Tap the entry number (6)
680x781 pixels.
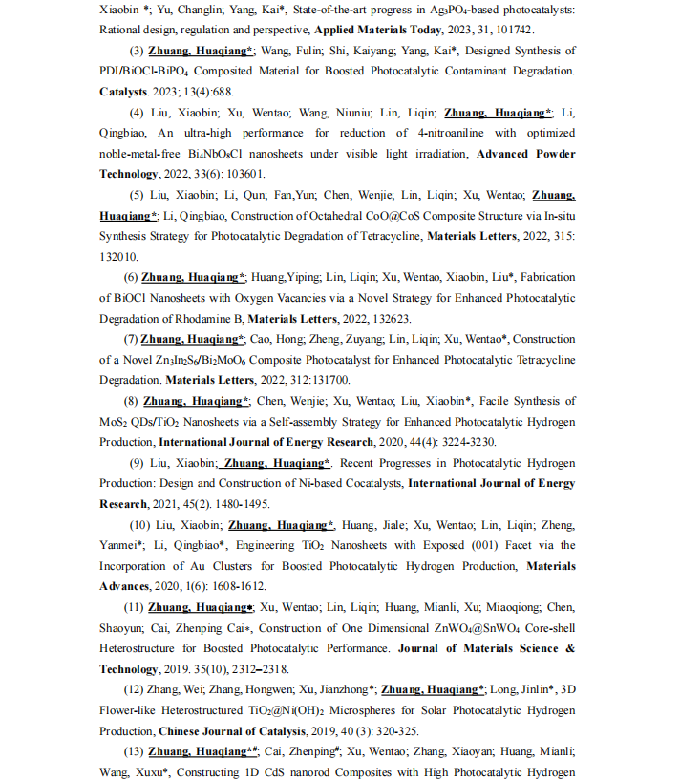(130, 277)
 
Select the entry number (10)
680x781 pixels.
(139, 525)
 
